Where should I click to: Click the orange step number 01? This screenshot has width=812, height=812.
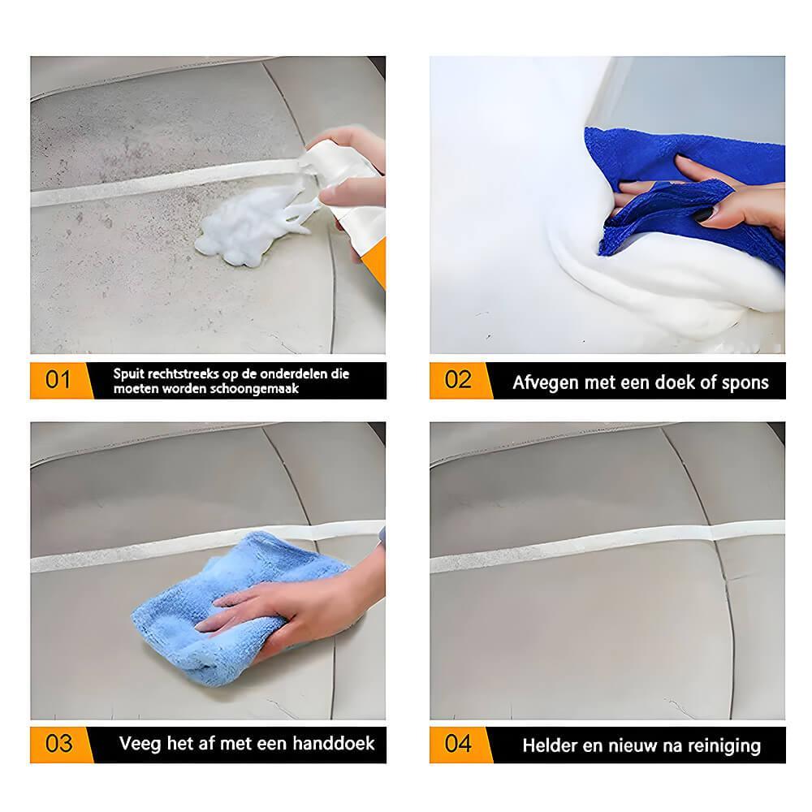pyautogui.click(x=58, y=379)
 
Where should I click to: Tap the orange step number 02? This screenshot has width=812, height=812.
pyautogui.click(x=458, y=379)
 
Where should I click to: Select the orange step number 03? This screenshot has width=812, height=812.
pyautogui.click(x=58, y=743)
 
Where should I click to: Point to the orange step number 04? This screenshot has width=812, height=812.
pyautogui.click(x=458, y=743)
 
